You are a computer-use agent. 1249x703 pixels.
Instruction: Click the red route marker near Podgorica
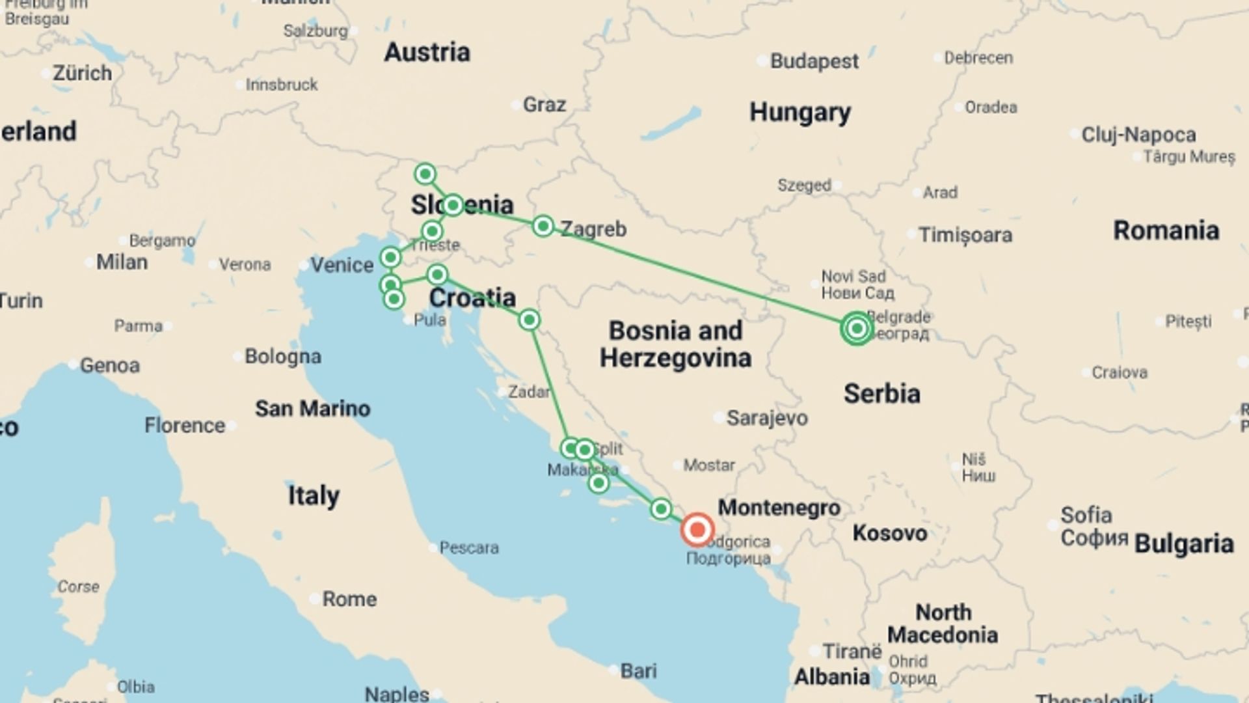[x=697, y=530]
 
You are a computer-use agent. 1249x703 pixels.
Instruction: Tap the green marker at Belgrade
[x=857, y=329]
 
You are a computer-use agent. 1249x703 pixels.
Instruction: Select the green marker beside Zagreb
[x=543, y=227]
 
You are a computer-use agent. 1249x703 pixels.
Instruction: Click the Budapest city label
[x=814, y=61]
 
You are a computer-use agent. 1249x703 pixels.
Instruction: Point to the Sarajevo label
[x=767, y=418]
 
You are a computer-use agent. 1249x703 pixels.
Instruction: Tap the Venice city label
[x=342, y=265]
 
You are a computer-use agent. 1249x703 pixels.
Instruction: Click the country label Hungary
[x=799, y=113]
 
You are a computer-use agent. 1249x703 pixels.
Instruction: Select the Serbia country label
[x=881, y=394]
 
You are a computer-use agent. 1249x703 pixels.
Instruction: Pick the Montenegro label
[x=779, y=508]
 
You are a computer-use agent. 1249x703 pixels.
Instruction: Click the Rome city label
[x=349, y=599]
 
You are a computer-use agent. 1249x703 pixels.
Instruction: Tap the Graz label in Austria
[x=544, y=104]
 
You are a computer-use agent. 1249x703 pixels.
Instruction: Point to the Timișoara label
[x=965, y=235]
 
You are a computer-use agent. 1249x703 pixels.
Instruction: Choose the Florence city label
[x=185, y=426]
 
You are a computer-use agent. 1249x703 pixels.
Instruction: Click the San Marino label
[x=312, y=409]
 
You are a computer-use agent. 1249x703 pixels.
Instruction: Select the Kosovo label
[x=889, y=533]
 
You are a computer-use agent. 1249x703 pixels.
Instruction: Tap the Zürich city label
[x=82, y=73]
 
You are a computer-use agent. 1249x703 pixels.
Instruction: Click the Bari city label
[x=638, y=670]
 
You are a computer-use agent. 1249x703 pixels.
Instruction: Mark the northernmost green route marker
[x=425, y=174]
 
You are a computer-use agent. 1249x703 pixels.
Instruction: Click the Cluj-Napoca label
[x=1138, y=135]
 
